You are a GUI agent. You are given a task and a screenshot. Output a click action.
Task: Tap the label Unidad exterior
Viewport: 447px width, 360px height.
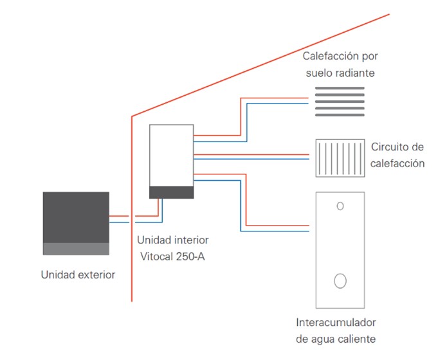coord(78,275)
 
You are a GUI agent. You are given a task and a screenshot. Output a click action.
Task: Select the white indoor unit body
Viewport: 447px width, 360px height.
coord(171,155)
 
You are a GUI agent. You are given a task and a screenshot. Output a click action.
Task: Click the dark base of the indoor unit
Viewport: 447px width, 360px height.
coord(171,192)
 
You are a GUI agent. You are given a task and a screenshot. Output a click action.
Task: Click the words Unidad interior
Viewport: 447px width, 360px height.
coord(172,240)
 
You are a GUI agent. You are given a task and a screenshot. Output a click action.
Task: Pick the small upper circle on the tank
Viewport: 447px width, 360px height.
coord(340,206)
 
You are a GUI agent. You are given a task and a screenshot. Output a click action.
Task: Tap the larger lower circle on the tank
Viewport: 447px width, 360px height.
coord(340,280)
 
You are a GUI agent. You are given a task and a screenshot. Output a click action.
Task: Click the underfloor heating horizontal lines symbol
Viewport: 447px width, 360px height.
coord(339,101)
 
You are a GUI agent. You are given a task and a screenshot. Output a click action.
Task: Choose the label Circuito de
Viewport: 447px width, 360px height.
coord(397,147)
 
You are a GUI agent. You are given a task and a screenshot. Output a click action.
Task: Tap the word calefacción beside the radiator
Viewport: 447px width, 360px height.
coord(397,163)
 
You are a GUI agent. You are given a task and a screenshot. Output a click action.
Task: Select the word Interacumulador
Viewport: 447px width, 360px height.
coord(336,322)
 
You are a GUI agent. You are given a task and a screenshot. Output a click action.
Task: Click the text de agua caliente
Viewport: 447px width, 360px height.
coord(336,338)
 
